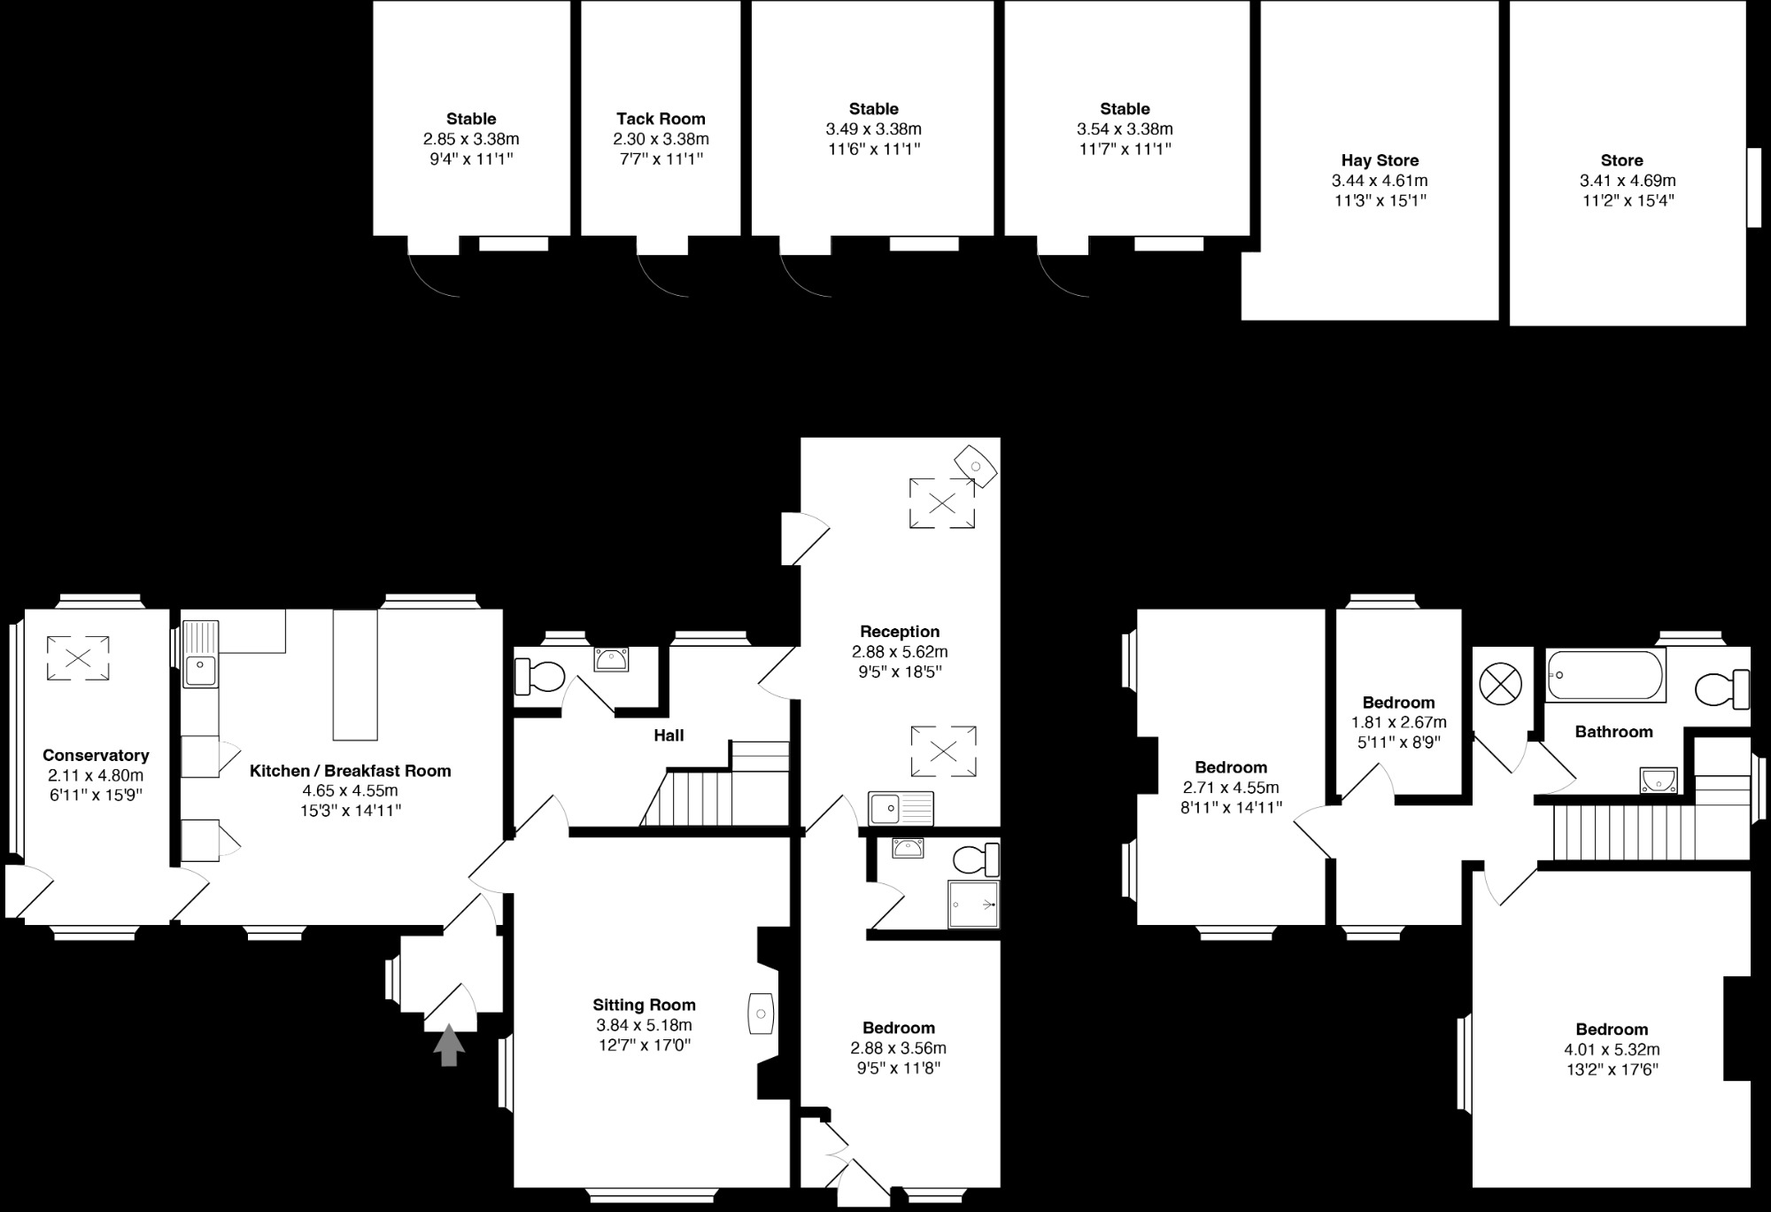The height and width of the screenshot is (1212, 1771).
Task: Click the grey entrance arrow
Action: tap(449, 1045)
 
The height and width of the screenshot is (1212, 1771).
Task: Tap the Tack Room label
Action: tap(661, 119)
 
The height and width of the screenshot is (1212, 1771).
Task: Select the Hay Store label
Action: tap(1380, 160)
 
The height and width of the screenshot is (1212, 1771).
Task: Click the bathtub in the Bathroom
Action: tap(1605, 675)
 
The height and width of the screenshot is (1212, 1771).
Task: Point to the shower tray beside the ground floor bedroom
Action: tap(973, 904)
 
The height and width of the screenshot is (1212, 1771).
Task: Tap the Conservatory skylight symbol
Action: tap(78, 658)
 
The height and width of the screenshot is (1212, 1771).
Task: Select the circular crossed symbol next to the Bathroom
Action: tap(1501, 684)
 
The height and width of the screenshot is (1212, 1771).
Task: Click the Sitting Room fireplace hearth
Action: tap(762, 1013)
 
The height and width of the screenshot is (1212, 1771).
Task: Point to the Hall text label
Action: tap(669, 735)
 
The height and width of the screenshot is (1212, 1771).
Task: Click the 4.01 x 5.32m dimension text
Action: tap(1612, 1049)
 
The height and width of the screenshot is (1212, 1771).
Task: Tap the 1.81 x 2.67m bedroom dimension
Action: tap(1398, 722)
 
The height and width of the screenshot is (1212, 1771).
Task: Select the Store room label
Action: tap(1621, 160)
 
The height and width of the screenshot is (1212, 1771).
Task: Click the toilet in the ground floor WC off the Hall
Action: tap(539, 678)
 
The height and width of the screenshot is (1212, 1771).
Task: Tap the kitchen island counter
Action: tap(355, 674)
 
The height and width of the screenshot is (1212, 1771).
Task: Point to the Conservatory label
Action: tap(96, 755)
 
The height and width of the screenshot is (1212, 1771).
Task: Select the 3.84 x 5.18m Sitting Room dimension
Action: tap(644, 1025)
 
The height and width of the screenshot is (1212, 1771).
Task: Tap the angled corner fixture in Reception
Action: tap(975, 465)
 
